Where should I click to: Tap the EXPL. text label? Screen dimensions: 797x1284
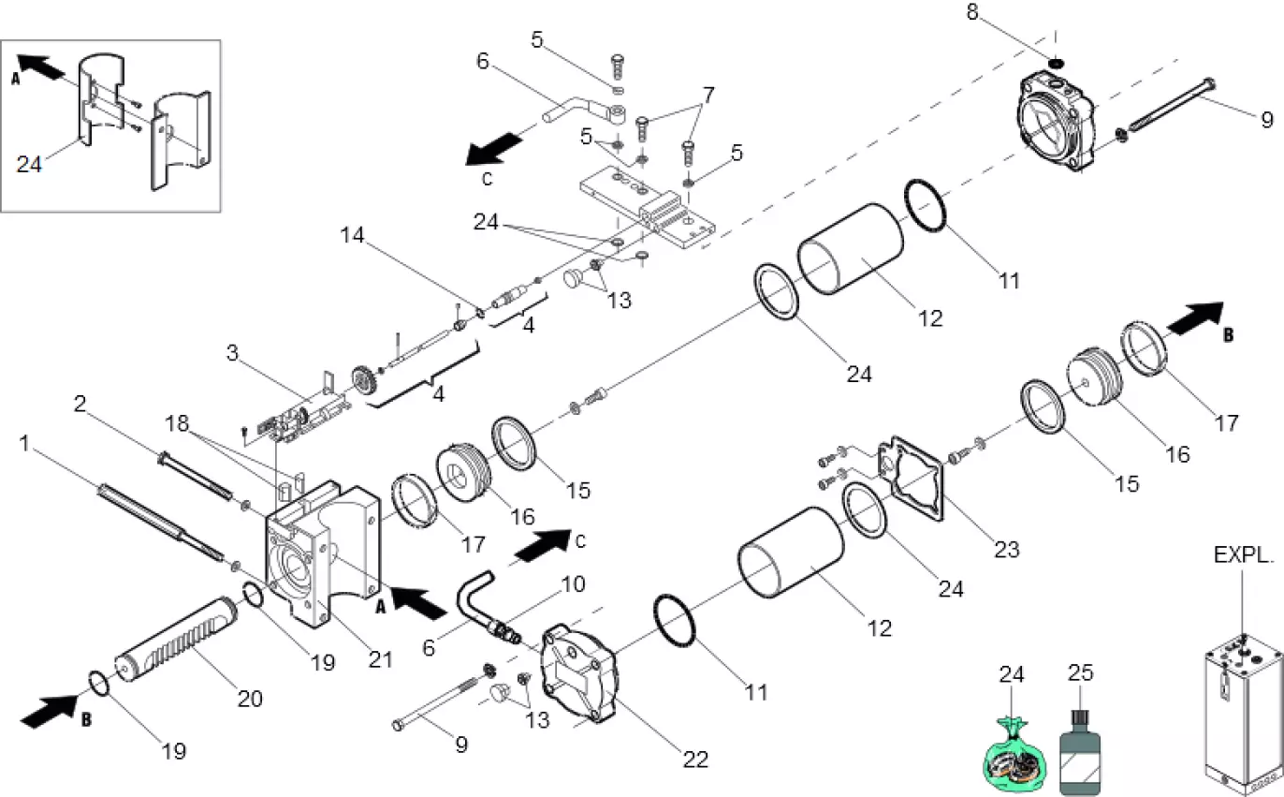[1244, 555]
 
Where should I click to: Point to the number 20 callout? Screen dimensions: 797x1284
[250, 698]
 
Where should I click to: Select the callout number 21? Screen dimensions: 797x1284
[380, 658]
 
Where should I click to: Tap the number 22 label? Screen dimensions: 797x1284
[695, 759]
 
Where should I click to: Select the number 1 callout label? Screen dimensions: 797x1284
[24, 441]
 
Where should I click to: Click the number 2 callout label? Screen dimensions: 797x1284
[80, 404]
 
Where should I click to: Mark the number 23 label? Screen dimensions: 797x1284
[1006, 550]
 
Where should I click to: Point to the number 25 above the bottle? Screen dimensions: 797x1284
[1081, 673]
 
